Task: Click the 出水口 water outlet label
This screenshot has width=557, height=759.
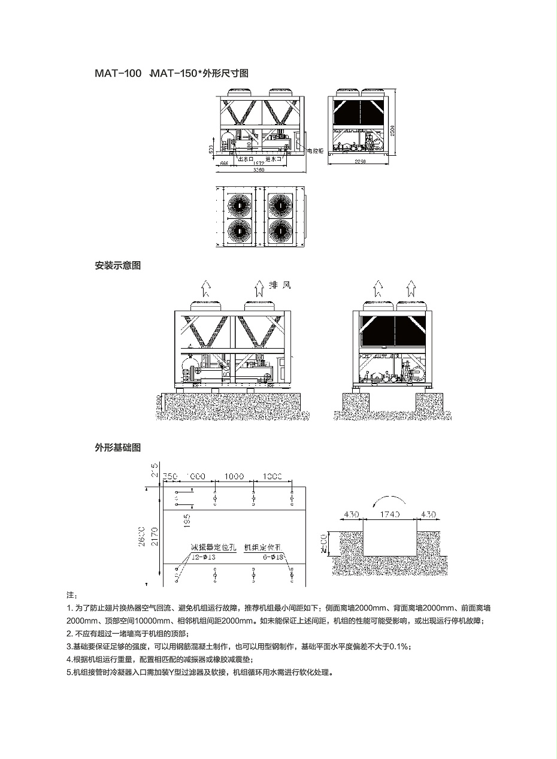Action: pyautogui.click(x=246, y=159)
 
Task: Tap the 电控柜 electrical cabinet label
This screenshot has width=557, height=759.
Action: pyautogui.click(x=316, y=152)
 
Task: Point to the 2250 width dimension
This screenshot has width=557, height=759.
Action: pyautogui.click(x=359, y=162)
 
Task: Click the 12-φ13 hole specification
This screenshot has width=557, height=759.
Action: pyautogui.click(x=203, y=557)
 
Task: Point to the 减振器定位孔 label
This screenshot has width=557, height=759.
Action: pyautogui.click(x=214, y=548)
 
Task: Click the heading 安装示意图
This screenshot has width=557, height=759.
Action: pyautogui.click(x=117, y=265)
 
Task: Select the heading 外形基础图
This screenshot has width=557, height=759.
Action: pyautogui.click(x=117, y=447)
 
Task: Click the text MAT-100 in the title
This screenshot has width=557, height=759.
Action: pyautogui.click(x=117, y=74)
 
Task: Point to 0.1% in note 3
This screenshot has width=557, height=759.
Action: pyautogui.click(x=399, y=646)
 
